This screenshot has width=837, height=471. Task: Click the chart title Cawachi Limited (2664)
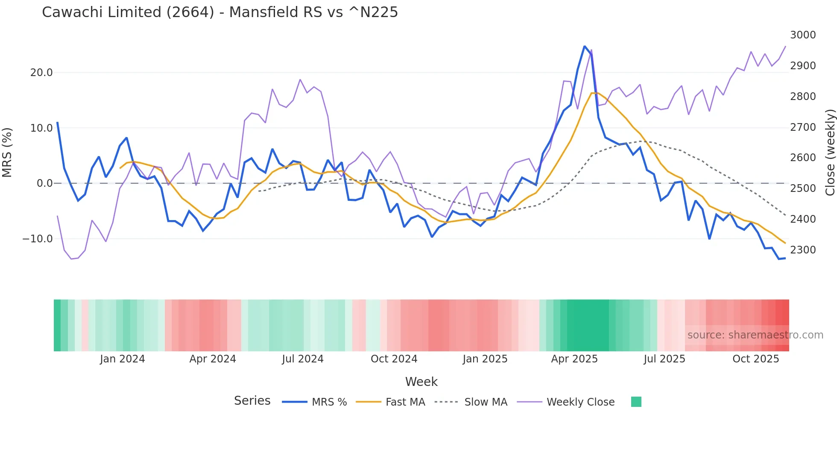click(219, 12)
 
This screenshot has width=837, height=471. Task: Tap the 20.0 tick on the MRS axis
click(41, 73)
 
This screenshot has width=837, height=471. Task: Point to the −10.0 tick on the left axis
click(38, 239)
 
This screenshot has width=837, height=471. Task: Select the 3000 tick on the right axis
click(802, 35)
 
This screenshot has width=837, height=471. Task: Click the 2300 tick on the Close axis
click(802, 250)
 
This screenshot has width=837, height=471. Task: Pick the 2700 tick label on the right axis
click(802, 127)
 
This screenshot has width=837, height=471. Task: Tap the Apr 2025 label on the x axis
click(574, 359)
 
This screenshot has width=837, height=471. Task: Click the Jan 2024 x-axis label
click(122, 359)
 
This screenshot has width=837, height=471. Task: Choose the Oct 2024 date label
click(393, 359)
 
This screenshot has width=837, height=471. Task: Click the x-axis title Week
click(421, 382)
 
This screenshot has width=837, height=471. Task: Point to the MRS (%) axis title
click(7, 152)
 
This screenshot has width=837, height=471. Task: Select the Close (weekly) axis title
click(830, 152)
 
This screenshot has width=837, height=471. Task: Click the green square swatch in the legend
click(636, 402)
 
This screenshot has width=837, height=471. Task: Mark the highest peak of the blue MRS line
click(584, 46)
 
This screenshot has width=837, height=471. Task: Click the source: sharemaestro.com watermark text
click(755, 335)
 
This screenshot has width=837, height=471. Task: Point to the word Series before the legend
click(252, 401)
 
